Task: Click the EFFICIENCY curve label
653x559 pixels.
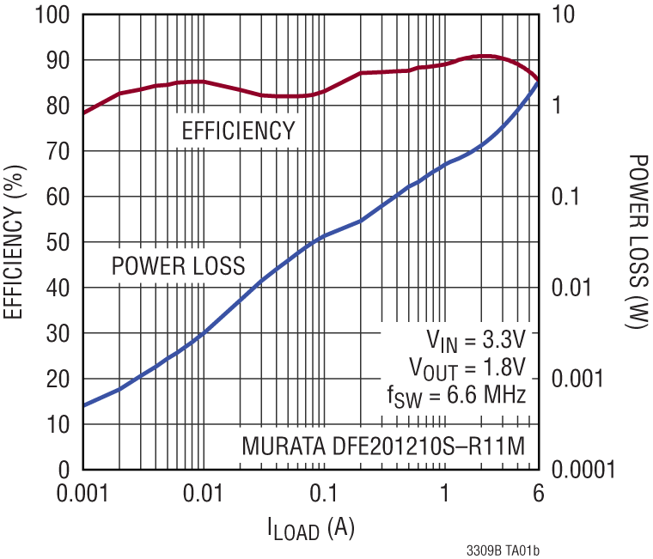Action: coord(238,131)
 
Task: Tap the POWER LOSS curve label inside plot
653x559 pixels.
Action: coord(178,264)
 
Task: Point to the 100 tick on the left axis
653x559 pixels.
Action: coord(52,15)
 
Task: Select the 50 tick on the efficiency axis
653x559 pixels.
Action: coord(58,242)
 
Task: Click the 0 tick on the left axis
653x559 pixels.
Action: coord(64,470)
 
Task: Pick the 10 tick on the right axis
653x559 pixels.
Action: coord(562,15)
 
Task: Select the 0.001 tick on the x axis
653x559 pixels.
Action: coord(82,495)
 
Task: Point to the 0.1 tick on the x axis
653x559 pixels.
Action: coord(323,495)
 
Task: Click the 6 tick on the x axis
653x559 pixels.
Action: coord(538,495)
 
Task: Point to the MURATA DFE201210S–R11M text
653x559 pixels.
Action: coord(382,447)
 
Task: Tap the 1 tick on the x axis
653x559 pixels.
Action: coord(444,495)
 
